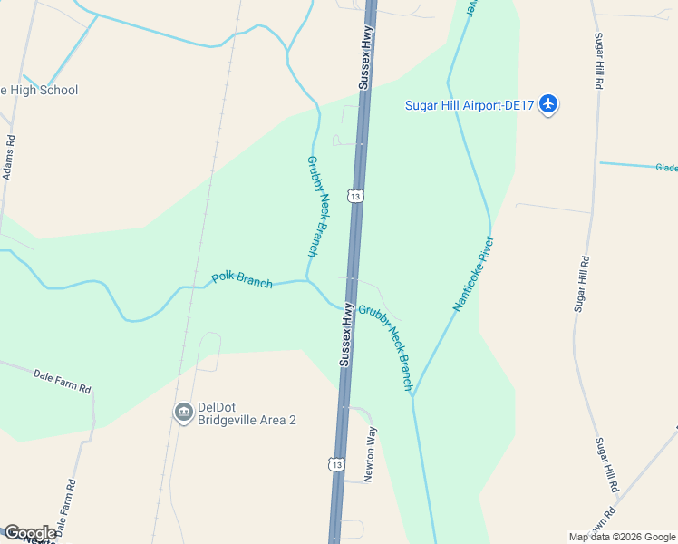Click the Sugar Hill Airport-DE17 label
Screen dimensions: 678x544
[469, 105]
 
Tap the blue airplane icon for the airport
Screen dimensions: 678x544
[547, 104]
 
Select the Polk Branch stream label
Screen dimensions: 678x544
[242, 279]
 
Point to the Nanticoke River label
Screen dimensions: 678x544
[473, 275]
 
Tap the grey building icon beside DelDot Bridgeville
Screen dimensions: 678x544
[184, 413]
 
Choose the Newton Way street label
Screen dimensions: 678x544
[370, 454]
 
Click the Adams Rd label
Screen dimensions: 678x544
[9, 158]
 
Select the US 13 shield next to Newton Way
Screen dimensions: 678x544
[337, 464]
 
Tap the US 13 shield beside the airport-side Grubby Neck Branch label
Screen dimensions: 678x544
[355, 196]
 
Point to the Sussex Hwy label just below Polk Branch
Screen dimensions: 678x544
[346, 335]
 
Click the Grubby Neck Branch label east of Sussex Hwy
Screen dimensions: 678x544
[385, 347]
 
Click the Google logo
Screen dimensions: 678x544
[30, 533]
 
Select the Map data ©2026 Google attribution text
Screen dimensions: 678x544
[621, 537]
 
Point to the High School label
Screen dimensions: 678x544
[40, 90]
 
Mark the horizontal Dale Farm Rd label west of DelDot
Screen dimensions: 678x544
[63, 381]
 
